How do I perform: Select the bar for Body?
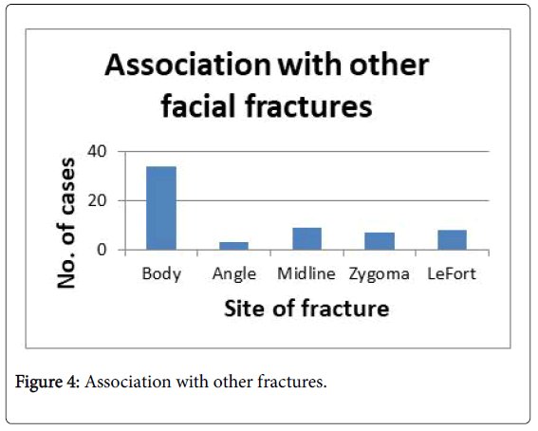[161, 208]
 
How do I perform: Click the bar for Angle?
[234, 246]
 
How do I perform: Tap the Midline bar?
[307, 239]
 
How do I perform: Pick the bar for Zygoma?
[380, 241]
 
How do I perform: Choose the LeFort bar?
[453, 240]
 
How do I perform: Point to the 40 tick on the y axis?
[98, 151]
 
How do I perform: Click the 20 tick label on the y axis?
[98, 200]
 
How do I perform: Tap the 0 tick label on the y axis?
[102, 250]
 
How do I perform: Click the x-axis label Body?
[161, 274]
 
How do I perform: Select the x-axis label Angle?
[234, 274]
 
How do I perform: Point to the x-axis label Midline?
[306, 273]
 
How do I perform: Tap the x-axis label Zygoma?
[380, 274]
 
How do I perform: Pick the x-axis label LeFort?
[452, 273]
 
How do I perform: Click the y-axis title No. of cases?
[65, 223]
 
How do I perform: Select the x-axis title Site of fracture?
[306, 309]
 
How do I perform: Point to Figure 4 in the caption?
[47, 382]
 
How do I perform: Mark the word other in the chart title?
[389, 65]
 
